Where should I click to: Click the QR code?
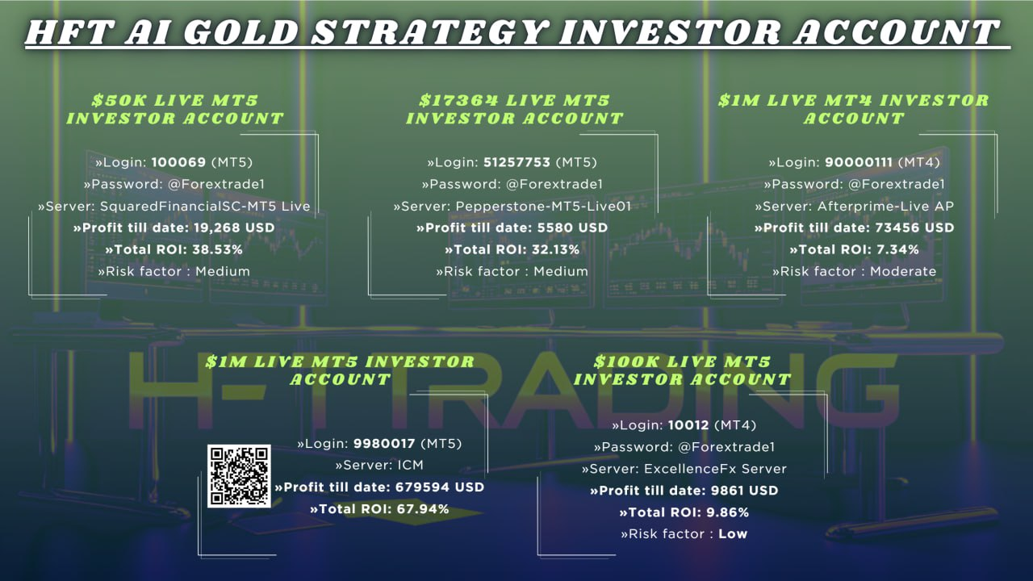click(239, 476)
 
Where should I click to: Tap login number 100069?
click(178, 162)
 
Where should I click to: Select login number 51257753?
click(516, 162)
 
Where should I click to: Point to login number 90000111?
click(858, 162)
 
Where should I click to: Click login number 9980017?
click(384, 444)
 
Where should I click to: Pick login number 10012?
click(688, 425)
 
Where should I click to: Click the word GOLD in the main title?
click(243, 32)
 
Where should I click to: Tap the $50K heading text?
click(118, 100)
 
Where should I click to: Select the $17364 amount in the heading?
click(459, 100)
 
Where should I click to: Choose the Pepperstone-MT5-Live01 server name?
click(543, 206)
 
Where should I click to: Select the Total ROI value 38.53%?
click(217, 250)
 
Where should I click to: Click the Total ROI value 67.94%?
click(424, 509)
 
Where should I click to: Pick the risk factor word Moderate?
click(903, 271)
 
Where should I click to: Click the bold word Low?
click(733, 534)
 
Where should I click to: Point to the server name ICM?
click(411, 466)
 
